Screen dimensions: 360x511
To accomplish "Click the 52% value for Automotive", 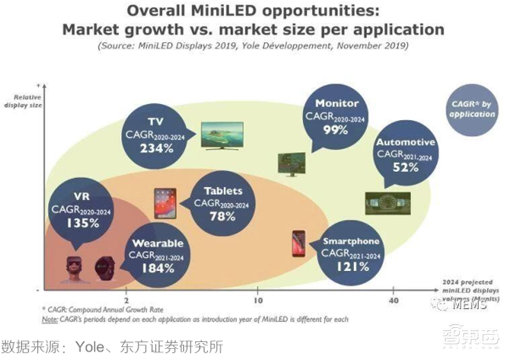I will tap(406, 168).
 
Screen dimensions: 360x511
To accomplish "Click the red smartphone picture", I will tap(298, 244).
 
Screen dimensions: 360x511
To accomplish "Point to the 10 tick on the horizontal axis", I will tap(259, 300).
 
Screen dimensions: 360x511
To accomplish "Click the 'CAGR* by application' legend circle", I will tap(472, 110).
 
